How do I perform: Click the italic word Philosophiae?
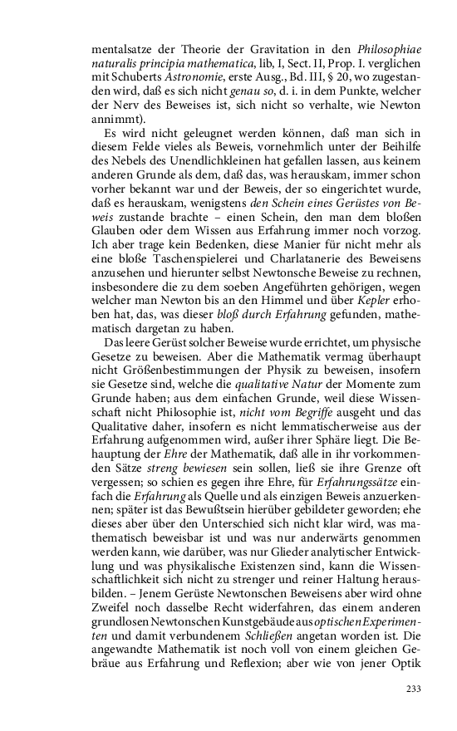point(389,49)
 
